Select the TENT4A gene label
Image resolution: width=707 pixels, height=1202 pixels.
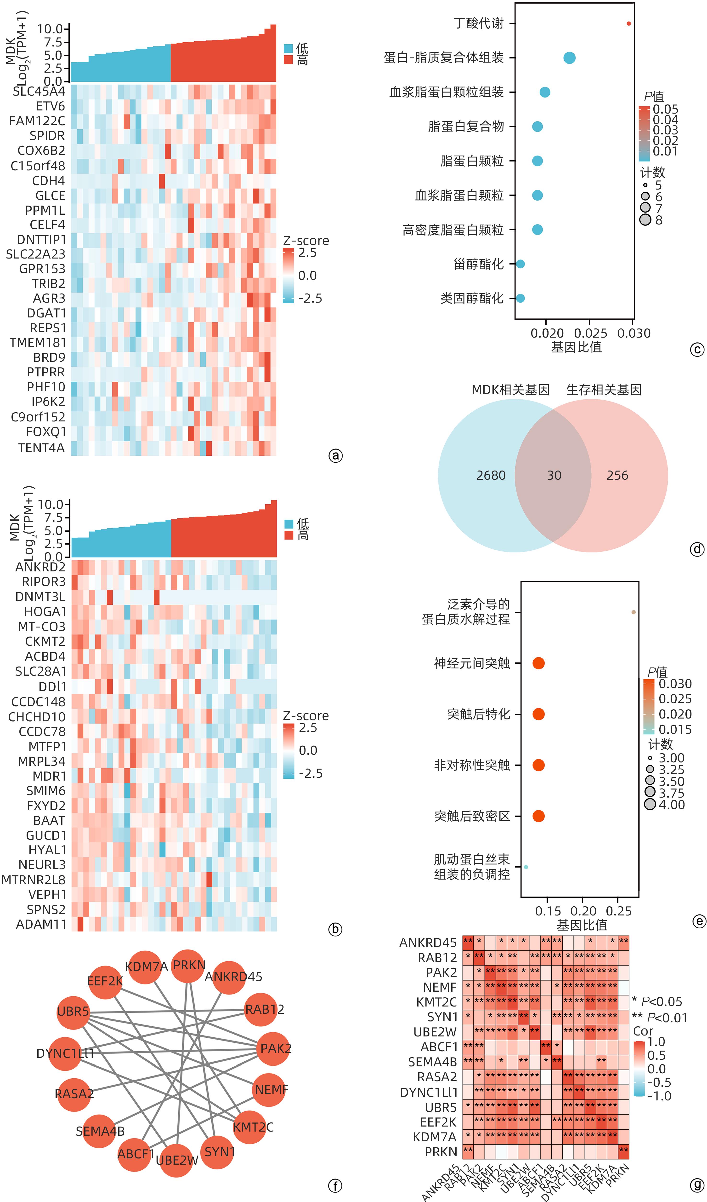click(41, 448)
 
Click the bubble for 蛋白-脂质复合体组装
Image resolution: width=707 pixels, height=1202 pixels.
click(569, 58)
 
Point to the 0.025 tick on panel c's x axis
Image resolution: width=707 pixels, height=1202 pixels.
click(590, 333)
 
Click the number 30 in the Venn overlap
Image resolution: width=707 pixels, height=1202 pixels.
click(554, 475)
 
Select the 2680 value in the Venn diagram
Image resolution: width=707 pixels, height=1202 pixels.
click(491, 475)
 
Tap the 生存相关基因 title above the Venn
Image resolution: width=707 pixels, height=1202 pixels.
click(604, 390)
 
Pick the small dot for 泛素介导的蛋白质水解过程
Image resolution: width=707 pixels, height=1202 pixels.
click(633, 612)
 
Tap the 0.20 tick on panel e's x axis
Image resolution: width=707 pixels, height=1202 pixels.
click(583, 911)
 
